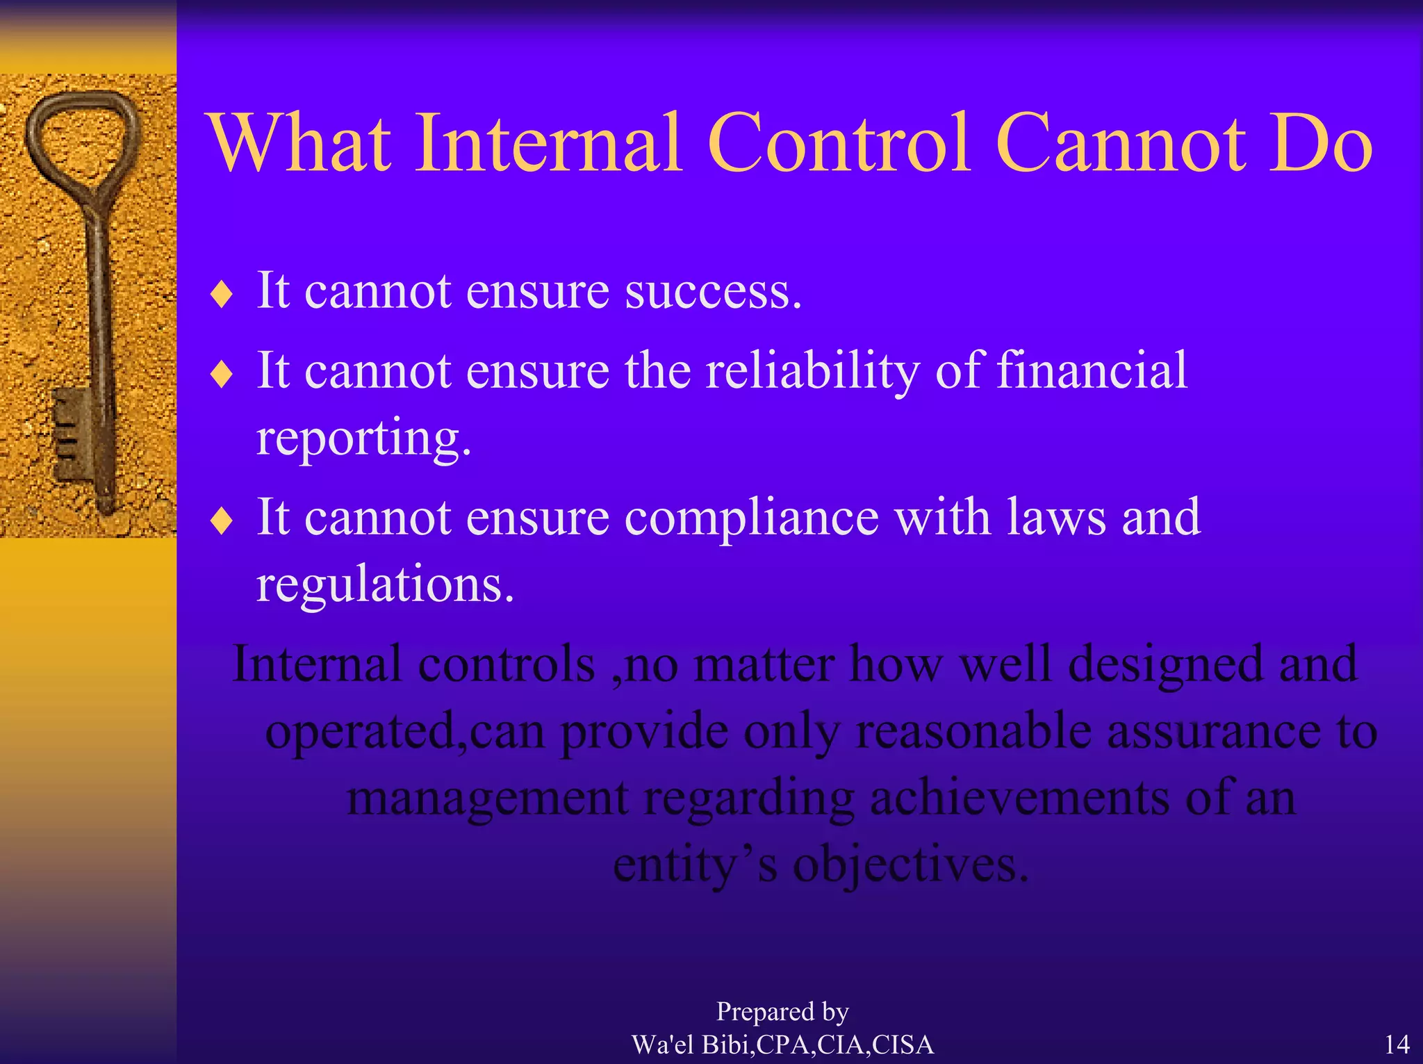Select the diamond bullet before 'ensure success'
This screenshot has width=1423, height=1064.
click(x=222, y=295)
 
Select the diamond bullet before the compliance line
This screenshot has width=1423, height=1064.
click(x=222, y=521)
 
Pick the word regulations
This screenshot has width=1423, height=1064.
click(x=385, y=585)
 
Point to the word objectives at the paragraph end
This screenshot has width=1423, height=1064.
click(x=910, y=866)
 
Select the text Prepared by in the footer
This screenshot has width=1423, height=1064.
click(x=782, y=1012)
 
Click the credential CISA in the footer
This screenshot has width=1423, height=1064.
click(x=903, y=1045)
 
